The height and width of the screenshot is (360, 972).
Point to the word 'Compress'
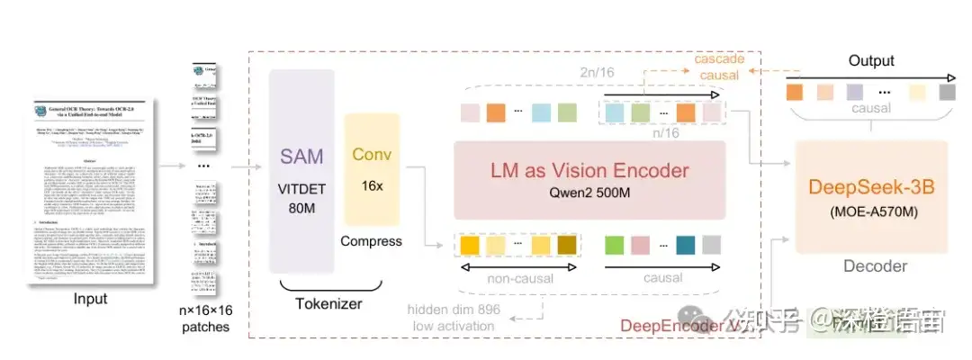372,242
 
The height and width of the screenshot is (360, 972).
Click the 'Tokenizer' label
328,303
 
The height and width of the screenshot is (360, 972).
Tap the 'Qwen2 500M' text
589,193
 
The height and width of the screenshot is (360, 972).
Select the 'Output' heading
871,61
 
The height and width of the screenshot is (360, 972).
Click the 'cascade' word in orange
719,58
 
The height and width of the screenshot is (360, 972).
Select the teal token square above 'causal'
686,244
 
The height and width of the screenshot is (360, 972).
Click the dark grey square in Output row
946,92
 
